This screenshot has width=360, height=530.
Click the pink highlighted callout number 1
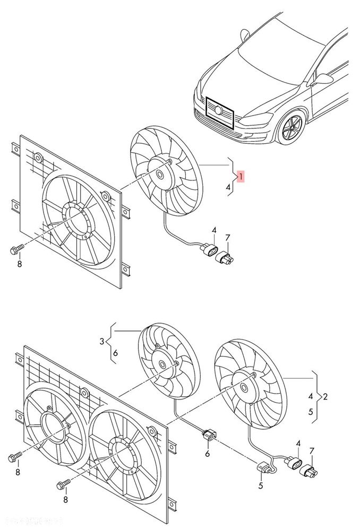(241, 176)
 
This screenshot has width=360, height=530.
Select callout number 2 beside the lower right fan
(325, 396)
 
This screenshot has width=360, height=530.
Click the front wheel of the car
(292, 128)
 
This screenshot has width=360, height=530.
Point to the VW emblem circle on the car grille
(219, 110)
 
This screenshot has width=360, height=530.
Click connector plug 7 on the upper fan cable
(225, 257)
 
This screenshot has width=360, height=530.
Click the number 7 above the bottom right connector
(312, 450)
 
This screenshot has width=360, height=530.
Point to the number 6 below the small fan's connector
(208, 454)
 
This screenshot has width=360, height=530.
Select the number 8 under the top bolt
(19, 264)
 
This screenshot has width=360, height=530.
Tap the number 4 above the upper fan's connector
(214, 230)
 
